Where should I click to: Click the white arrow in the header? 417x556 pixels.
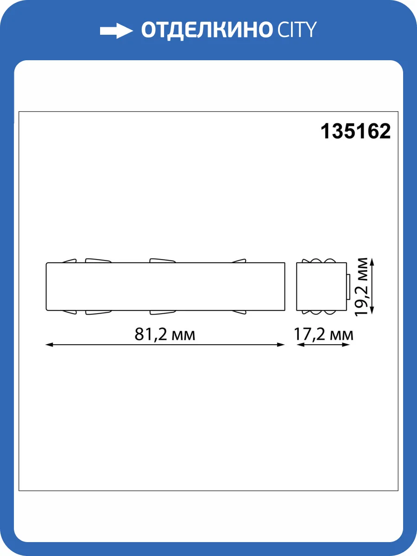click(x=116, y=31)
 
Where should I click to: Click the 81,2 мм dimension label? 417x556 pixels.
click(x=165, y=334)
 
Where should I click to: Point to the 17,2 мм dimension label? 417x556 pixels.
click(x=324, y=334)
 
